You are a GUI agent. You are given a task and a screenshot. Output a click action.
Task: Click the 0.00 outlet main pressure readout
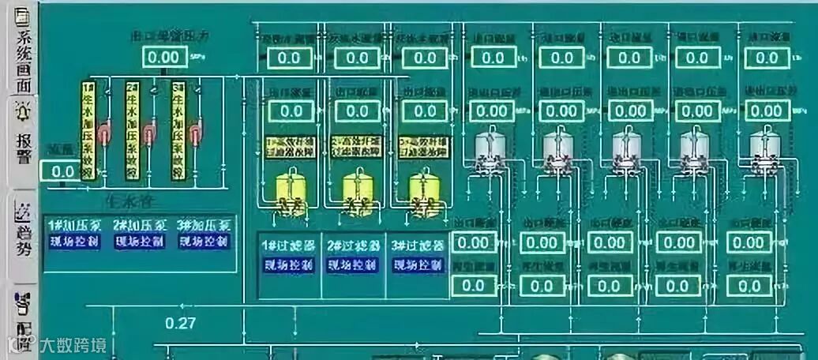165,57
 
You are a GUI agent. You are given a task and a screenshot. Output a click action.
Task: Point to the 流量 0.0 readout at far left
62,171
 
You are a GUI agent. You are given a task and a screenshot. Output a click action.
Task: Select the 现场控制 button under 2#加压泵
139,242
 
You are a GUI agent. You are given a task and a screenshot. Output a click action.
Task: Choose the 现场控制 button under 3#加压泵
204,242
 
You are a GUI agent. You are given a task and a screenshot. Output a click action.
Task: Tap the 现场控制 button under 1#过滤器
288,264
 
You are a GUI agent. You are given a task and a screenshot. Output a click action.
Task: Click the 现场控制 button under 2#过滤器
353,264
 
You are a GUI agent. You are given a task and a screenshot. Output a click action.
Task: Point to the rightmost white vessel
763,148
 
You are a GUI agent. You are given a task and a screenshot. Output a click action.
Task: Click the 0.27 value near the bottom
181,322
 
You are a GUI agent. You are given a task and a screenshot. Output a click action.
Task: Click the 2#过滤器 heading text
353,245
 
